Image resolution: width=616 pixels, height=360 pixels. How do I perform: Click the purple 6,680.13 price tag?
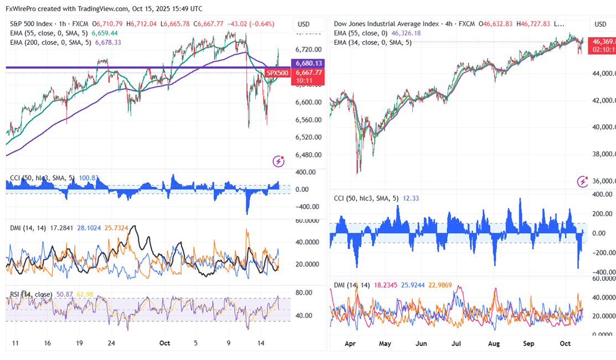click(309, 63)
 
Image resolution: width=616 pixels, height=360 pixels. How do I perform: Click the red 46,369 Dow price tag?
click(602, 42)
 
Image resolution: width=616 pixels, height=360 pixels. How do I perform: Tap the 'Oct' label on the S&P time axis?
click(164, 343)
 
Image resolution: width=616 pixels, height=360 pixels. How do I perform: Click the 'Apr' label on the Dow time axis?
click(350, 343)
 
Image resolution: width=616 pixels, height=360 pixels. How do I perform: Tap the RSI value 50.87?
click(64, 294)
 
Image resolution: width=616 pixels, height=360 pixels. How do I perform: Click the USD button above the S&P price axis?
click(303, 24)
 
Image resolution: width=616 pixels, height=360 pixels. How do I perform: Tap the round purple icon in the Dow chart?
click(582, 181)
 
